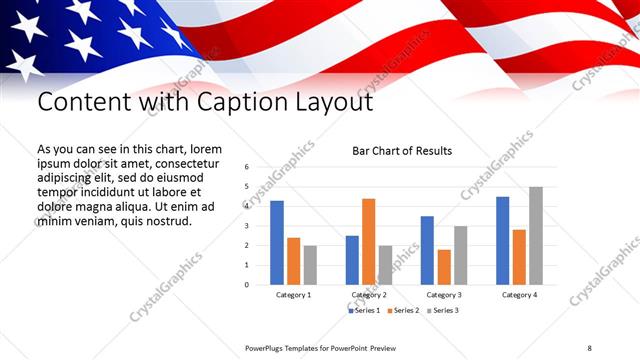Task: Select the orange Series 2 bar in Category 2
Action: [368, 241]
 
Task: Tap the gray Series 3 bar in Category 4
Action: [535, 235]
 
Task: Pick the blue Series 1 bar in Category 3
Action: [427, 250]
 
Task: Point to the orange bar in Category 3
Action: [443, 267]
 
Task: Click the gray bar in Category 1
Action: [310, 265]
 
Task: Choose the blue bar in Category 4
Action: [502, 240]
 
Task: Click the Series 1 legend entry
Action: [364, 311]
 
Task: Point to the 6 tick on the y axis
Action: [247, 167]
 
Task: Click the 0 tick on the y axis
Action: [247, 284]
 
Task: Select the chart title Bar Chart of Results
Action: [402, 151]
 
